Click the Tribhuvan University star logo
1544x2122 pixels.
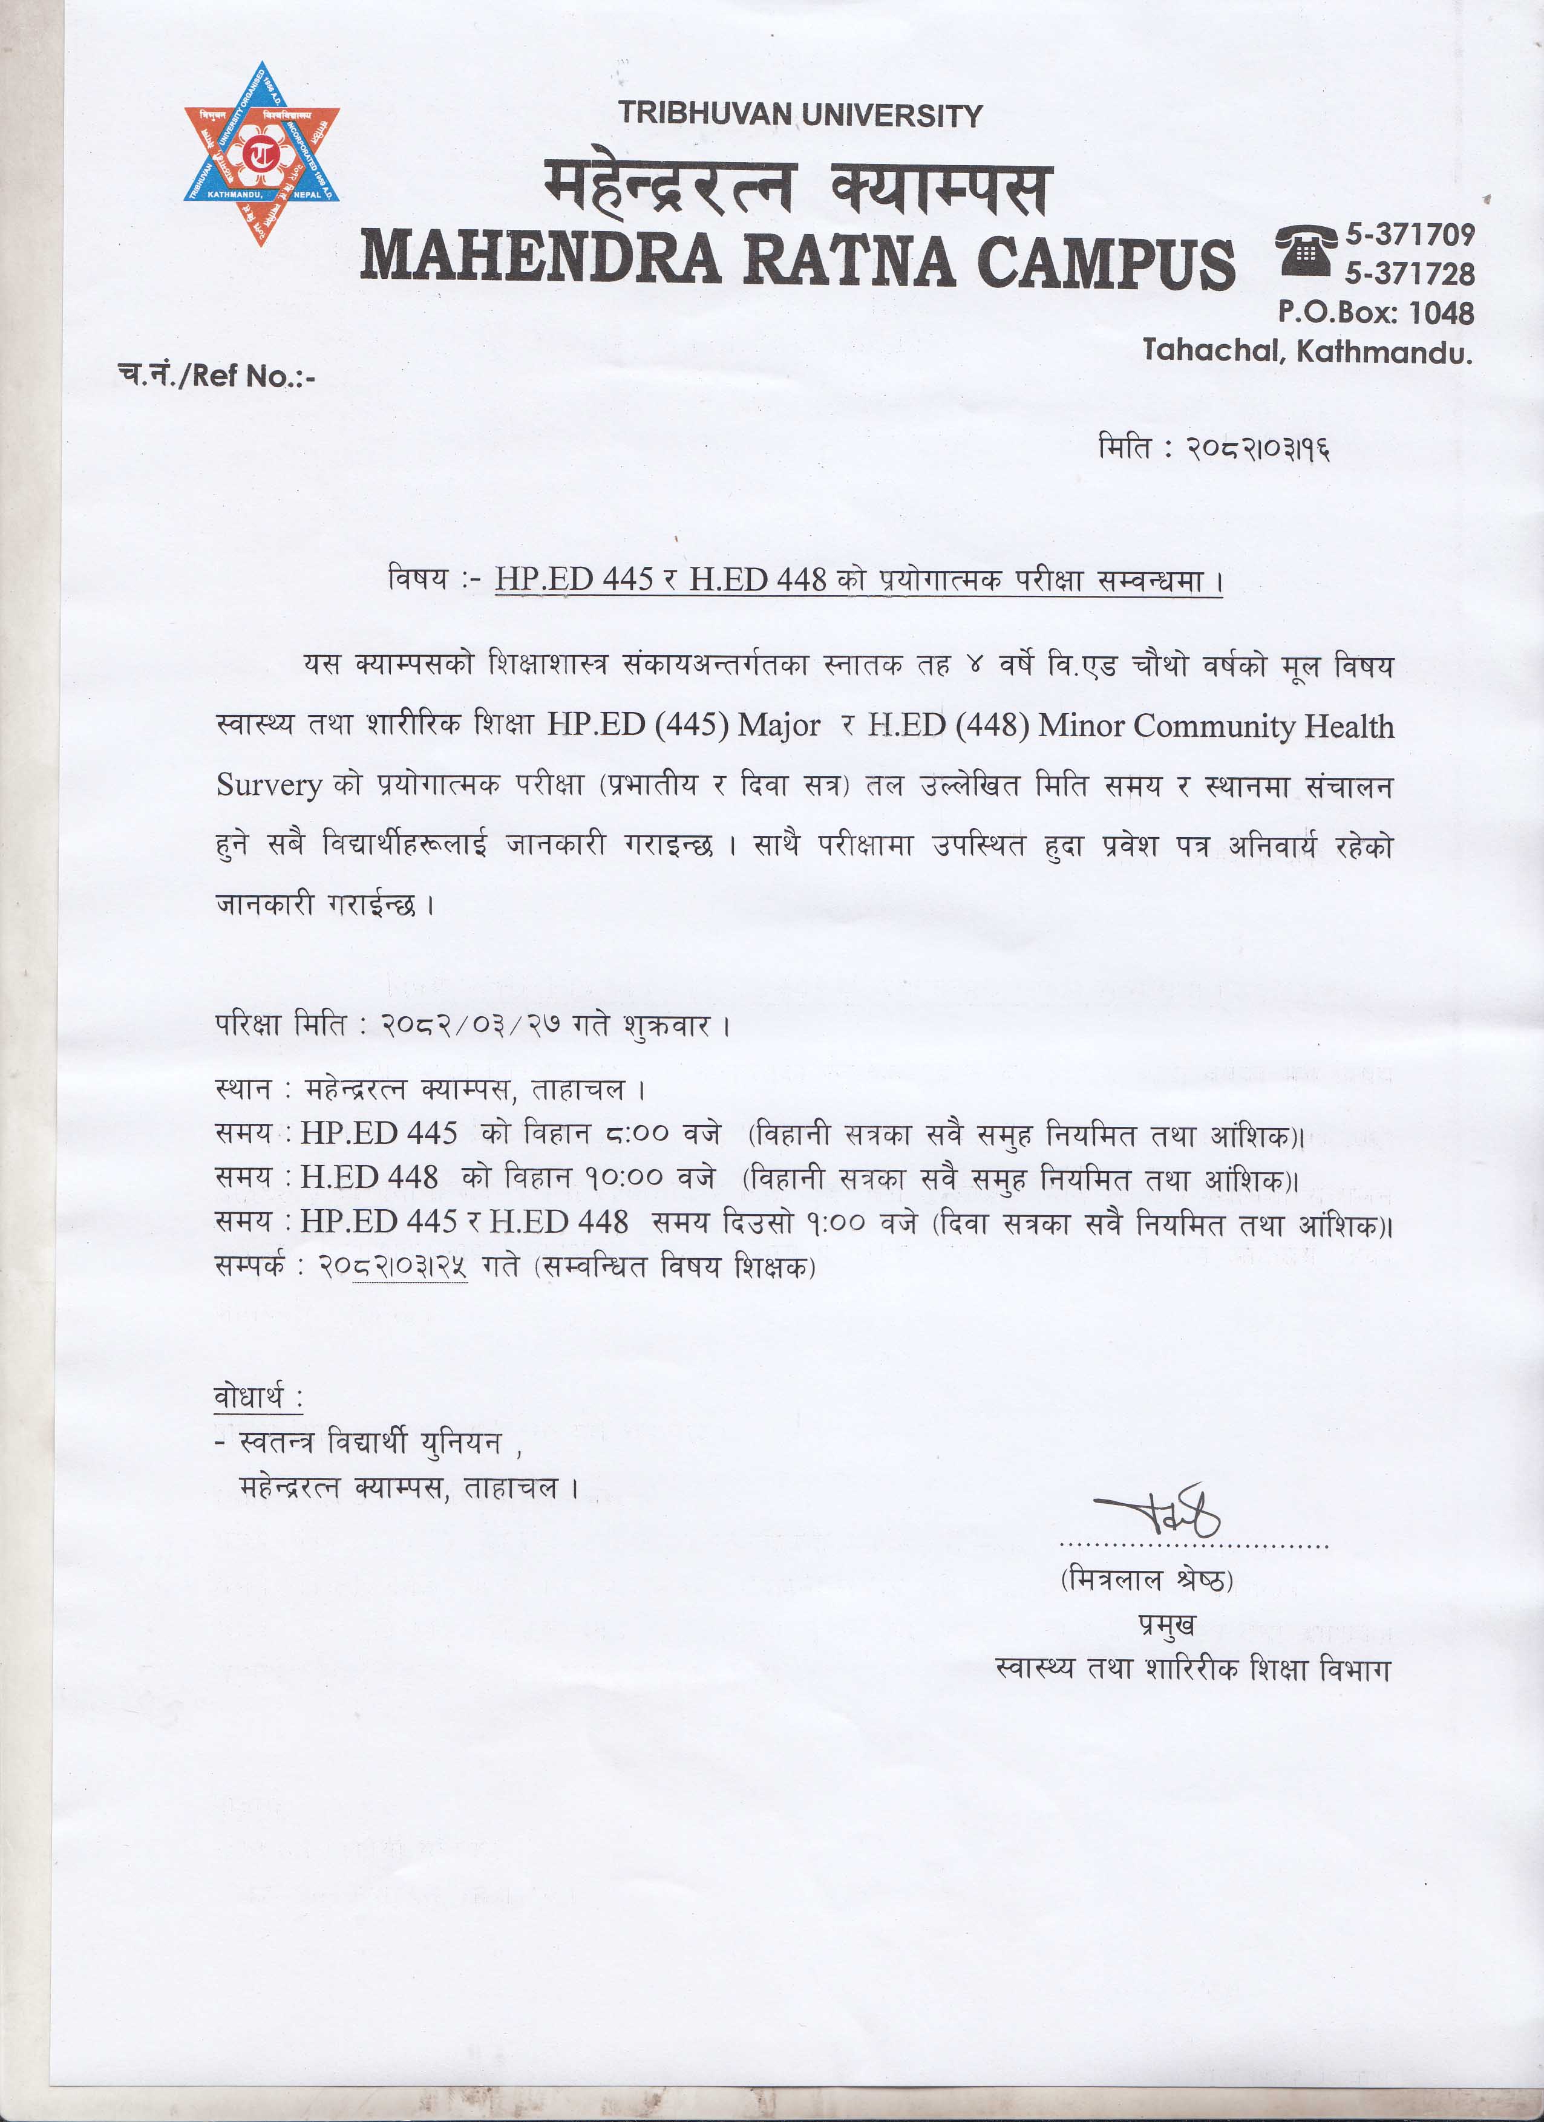(261, 154)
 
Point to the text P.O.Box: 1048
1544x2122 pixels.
(1376, 313)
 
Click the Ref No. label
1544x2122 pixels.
(217, 376)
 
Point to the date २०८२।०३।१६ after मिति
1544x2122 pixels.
(1258, 449)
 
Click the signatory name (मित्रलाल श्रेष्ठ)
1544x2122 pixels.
(1147, 1580)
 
